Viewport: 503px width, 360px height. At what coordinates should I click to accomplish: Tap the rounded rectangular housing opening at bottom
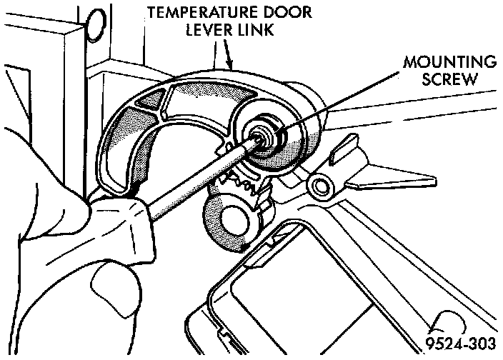pyautogui.click(x=300, y=293)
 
